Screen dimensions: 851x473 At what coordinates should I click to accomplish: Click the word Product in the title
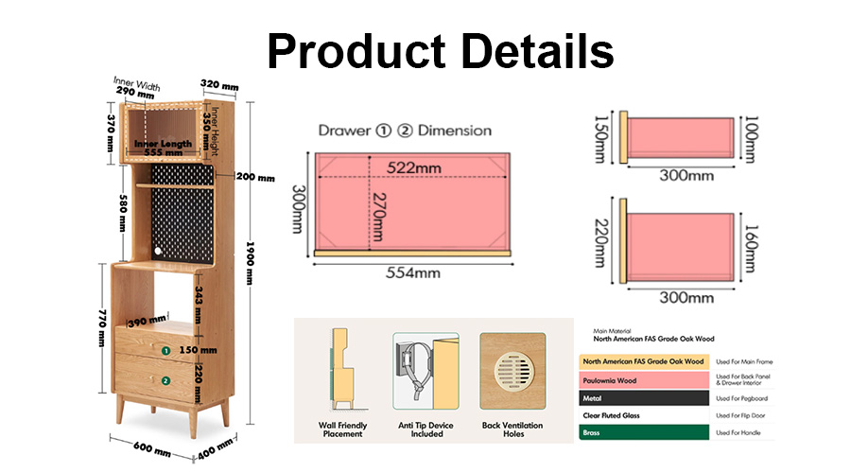[357, 50]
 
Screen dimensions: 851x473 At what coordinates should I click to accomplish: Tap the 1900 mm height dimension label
[250, 263]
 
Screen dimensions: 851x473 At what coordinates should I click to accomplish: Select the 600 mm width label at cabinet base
[152, 448]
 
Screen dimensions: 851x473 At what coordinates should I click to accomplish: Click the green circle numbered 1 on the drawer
[166, 351]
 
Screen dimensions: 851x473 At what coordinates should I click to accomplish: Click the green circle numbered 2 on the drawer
[165, 381]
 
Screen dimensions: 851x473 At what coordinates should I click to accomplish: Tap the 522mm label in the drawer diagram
[413, 167]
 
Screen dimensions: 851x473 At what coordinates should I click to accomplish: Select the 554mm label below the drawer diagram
[413, 272]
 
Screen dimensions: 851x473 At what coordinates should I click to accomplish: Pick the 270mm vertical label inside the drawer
[379, 218]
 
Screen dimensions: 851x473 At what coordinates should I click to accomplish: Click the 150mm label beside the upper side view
[601, 139]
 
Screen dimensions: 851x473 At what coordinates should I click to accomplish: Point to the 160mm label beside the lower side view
[751, 249]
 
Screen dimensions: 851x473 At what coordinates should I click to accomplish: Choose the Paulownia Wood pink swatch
[644, 380]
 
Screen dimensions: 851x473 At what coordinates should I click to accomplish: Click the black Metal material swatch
[644, 398]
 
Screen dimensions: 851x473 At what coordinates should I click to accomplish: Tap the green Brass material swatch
[644, 432]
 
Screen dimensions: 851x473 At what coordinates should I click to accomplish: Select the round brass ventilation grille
[513, 372]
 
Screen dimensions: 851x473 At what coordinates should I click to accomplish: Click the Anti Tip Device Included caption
[426, 429]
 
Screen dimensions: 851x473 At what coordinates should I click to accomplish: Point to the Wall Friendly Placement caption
[342, 429]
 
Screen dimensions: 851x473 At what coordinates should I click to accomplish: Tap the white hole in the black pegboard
[158, 251]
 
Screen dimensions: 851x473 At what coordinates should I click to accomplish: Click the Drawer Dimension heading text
[405, 131]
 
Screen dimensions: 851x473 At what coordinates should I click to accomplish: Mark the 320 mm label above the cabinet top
[219, 85]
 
